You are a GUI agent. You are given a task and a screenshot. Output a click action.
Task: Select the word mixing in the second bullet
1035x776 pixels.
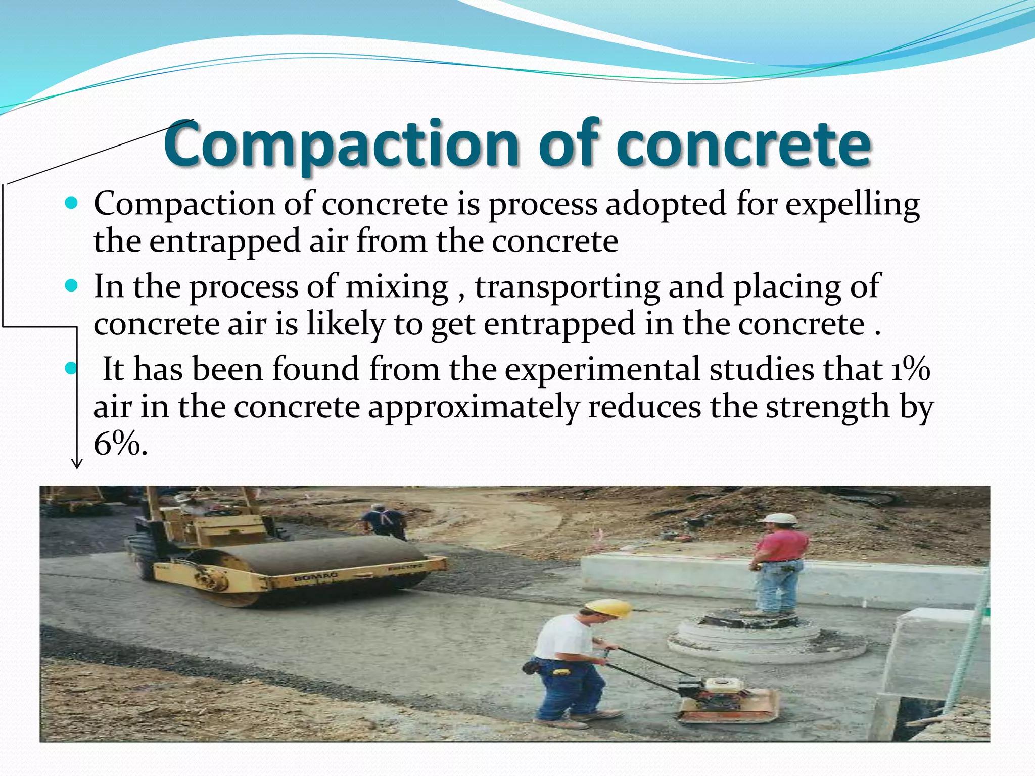[x=397, y=286]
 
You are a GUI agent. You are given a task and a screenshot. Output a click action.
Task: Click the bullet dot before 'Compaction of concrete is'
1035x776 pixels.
[x=72, y=204]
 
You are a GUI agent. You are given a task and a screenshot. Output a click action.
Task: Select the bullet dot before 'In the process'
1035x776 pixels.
[x=72, y=286]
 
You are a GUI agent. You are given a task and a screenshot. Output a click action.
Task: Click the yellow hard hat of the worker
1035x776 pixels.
[x=609, y=608]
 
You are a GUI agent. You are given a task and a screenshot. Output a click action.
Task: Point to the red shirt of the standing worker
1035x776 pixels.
[x=781, y=546]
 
